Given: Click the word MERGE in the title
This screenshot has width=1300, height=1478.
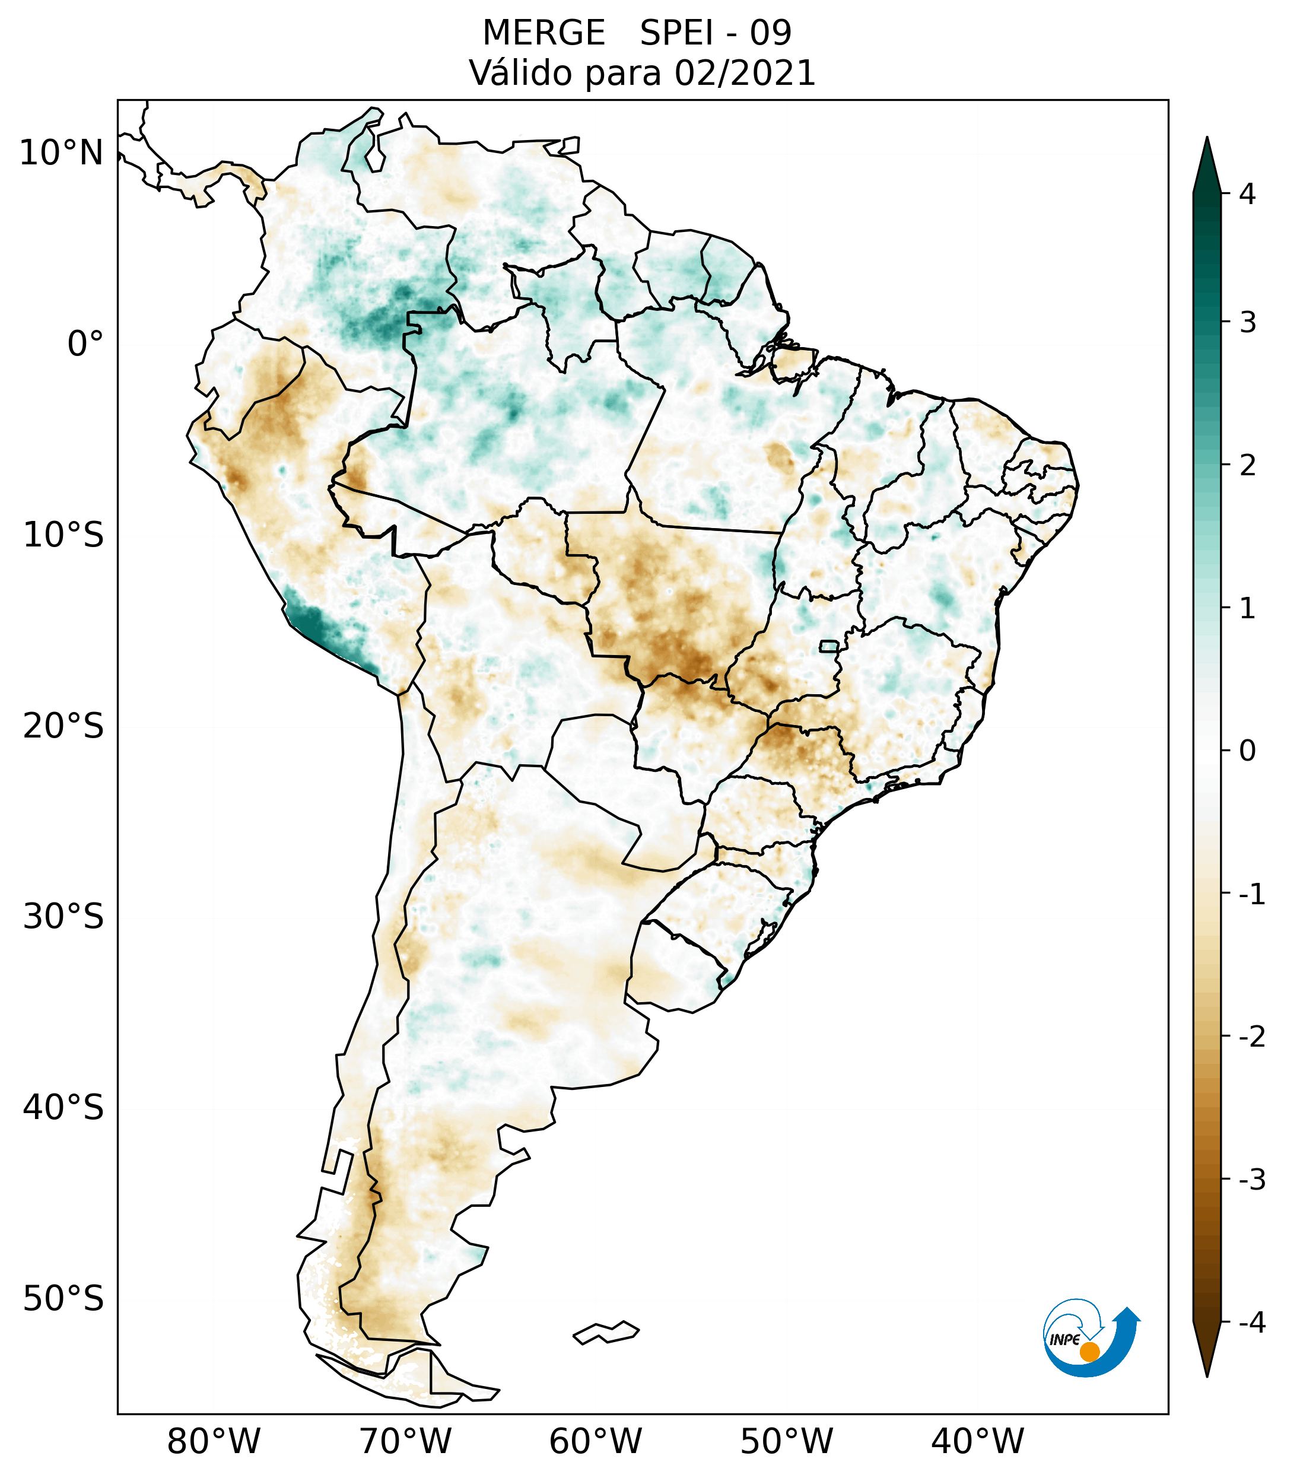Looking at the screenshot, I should click(x=543, y=33).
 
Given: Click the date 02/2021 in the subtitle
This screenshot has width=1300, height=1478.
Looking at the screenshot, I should click(x=745, y=73).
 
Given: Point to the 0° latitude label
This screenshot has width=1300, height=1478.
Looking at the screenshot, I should click(x=85, y=344).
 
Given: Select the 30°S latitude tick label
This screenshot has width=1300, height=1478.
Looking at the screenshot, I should click(x=63, y=917).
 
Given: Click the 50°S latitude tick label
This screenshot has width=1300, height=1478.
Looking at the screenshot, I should click(x=63, y=1299).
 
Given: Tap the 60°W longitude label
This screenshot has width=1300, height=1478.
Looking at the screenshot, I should click(x=595, y=1441).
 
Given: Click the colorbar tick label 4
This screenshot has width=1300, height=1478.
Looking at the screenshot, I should click(x=1247, y=194).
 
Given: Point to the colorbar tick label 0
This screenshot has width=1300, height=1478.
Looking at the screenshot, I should click(x=1247, y=751).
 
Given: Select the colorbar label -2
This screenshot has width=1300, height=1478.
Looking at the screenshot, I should click(x=1251, y=1037).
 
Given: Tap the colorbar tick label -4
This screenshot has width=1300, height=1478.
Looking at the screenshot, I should click(x=1251, y=1323).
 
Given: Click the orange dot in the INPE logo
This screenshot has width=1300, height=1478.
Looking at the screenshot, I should click(x=1089, y=1352).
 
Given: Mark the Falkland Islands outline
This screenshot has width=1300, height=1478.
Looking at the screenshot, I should click(x=606, y=1332).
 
